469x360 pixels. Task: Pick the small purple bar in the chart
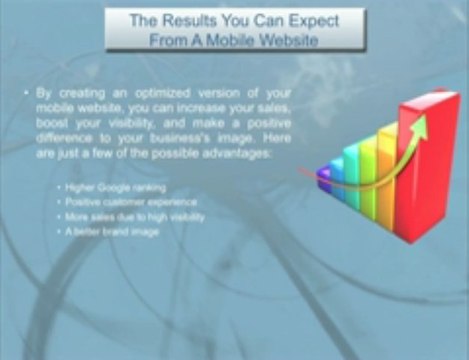pyautogui.click(x=324, y=177)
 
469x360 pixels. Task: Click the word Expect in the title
pyautogui.click(x=310, y=19)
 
